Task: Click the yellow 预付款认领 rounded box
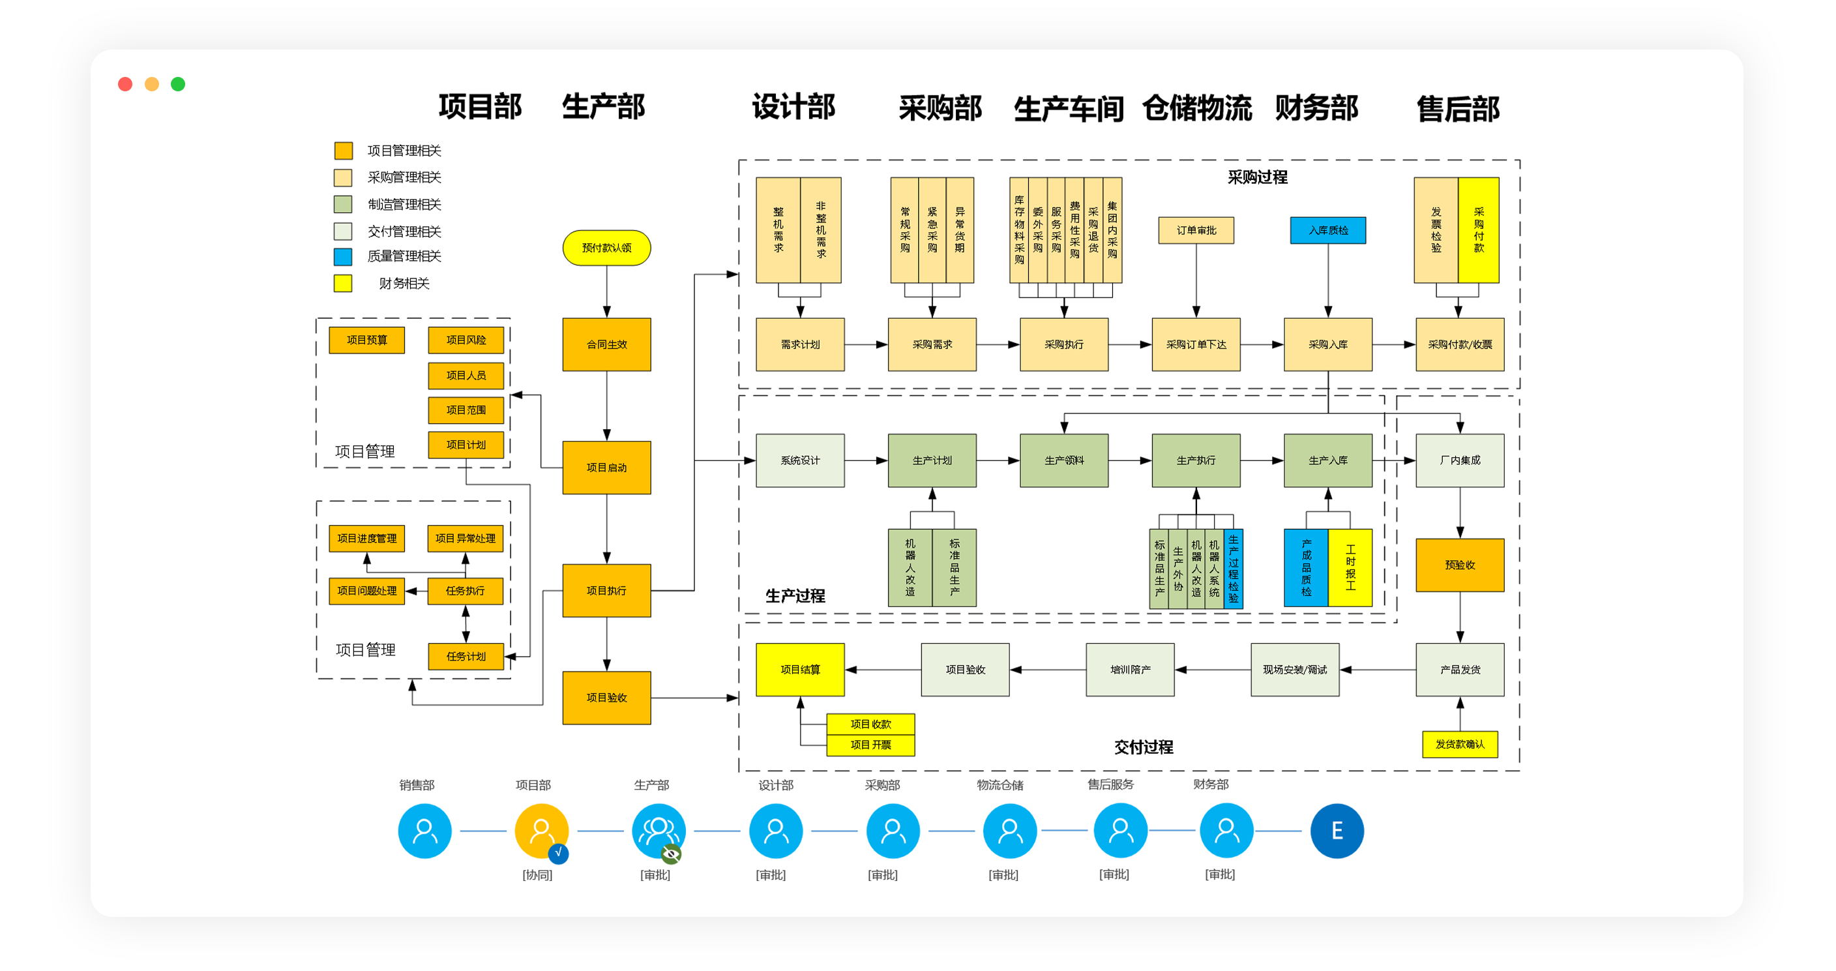coord(606,247)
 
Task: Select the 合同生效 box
coord(606,344)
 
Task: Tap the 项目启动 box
coord(606,468)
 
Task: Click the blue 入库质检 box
coord(1328,230)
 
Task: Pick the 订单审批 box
coord(1196,230)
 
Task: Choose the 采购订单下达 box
coord(1196,344)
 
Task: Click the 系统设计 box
coord(800,460)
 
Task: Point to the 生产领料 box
coord(1064,460)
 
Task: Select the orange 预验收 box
coord(1460,565)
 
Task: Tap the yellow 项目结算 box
coord(800,670)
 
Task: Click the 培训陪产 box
coord(1130,670)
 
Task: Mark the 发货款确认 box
coord(1460,744)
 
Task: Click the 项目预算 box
coord(366,340)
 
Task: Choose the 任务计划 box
coord(466,657)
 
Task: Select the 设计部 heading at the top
coord(793,107)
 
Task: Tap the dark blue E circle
coord(1337,831)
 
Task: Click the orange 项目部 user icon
coord(541,831)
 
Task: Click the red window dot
coord(125,84)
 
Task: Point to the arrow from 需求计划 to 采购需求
coord(866,344)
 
